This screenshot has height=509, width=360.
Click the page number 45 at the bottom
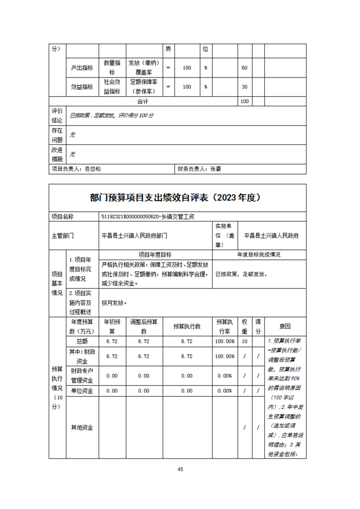(x=180, y=469)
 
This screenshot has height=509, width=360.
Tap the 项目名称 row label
(x=63, y=217)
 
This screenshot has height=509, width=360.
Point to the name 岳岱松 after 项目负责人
(x=93, y=169)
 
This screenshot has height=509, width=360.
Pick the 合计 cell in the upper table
(x=143, y=102)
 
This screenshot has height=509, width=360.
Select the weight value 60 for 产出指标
(x=244, y=68)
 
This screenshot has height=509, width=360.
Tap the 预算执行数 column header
(x=187, y=326)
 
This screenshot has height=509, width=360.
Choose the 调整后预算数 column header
(x=143, y=326)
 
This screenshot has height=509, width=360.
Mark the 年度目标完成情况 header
(x=259, y=254)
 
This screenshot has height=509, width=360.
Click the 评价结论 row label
(x=57, y=115)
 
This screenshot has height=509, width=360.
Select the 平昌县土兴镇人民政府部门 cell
(x=134, y=235)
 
